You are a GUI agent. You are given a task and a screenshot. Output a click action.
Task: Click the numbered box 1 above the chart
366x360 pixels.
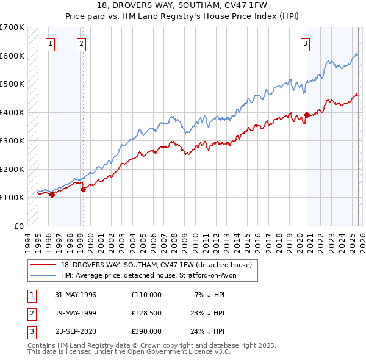49,43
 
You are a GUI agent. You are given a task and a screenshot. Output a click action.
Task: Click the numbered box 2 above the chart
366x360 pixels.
81,43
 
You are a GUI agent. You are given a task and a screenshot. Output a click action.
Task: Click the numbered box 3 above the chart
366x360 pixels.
304,43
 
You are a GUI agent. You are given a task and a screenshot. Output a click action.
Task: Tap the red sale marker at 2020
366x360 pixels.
307,115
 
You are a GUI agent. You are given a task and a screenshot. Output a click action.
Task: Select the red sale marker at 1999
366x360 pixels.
84,189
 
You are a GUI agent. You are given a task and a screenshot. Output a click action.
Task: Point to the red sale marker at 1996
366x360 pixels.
52,195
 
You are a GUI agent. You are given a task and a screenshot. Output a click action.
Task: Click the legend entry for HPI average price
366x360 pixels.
152,275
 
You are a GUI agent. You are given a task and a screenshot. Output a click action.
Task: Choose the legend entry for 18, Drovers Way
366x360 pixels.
152,264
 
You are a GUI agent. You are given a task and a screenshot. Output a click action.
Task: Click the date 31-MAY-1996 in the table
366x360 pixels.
76,295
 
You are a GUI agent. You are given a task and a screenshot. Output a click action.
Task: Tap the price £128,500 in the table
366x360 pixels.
146,313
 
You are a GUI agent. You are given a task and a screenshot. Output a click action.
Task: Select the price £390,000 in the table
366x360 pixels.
146,331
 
